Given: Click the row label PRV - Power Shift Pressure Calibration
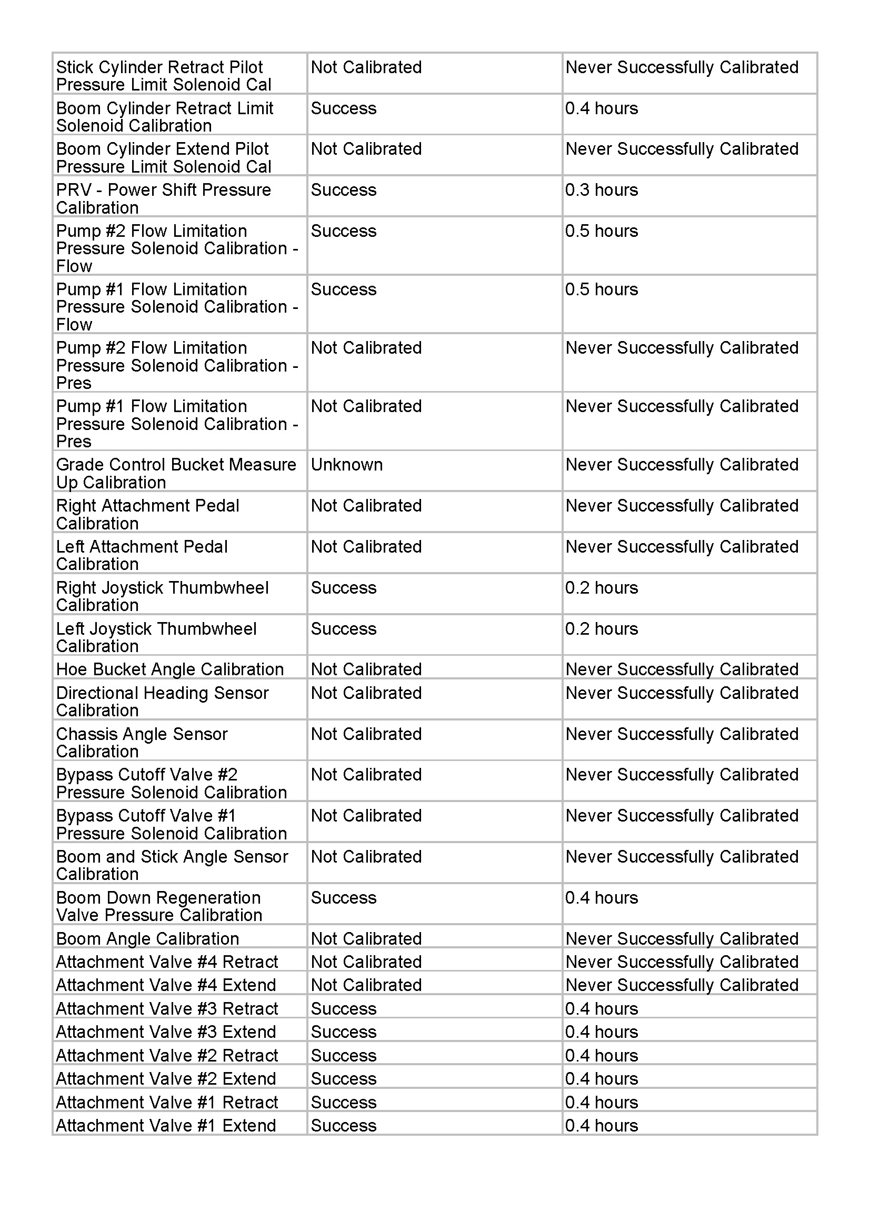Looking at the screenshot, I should pos(164,198).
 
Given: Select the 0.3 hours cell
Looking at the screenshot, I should pos(602,191).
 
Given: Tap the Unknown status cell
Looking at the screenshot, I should pos(347,465).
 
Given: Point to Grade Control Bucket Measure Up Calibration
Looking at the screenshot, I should pos(176,474).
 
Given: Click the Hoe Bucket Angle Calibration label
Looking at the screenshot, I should pos(170,669).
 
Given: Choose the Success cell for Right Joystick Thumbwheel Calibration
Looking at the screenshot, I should pos(344,588).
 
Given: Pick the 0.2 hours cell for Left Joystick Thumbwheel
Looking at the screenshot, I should pos(602,629).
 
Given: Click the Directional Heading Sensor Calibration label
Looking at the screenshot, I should pos(162,701).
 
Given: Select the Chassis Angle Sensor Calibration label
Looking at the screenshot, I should pos(142,743).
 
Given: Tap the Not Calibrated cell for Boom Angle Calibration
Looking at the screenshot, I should pos(366,938).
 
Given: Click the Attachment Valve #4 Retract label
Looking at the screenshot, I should pos(167,962).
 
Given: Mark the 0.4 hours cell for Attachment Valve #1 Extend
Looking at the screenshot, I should pos(602,1125).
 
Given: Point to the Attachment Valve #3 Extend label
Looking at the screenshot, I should pos(166,1032).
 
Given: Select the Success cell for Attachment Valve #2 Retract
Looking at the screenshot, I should pos(344,1055).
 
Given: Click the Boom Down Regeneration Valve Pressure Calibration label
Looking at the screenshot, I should pos(159,906).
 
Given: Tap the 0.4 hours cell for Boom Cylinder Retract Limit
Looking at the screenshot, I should pos(602,109).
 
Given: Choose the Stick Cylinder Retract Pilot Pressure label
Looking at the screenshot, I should pos(164,76).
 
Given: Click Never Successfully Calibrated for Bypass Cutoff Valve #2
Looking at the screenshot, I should pos(682,775).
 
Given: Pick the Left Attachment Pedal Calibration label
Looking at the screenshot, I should pos(142,555).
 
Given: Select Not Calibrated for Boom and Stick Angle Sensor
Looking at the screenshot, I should pos(366,857).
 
